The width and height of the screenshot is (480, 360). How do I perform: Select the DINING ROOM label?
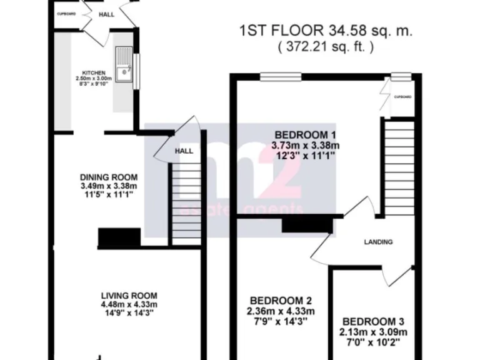(x=109, y=177)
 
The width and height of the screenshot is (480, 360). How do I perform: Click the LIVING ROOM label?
(x=129, y=296)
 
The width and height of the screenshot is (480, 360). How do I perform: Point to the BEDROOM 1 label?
(x=306, y=135)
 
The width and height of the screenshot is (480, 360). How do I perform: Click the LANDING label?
(x=379, y=242)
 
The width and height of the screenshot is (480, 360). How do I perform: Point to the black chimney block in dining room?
(x=119, y=238)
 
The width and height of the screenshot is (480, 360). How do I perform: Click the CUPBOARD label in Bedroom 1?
(x=403, y=97)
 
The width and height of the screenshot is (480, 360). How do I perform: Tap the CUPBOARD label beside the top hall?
(x=66, y=14)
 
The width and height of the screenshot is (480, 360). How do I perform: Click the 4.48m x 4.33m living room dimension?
(x=129, y=305)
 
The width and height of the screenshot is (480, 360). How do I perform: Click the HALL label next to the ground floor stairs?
(x=184, y=151)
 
